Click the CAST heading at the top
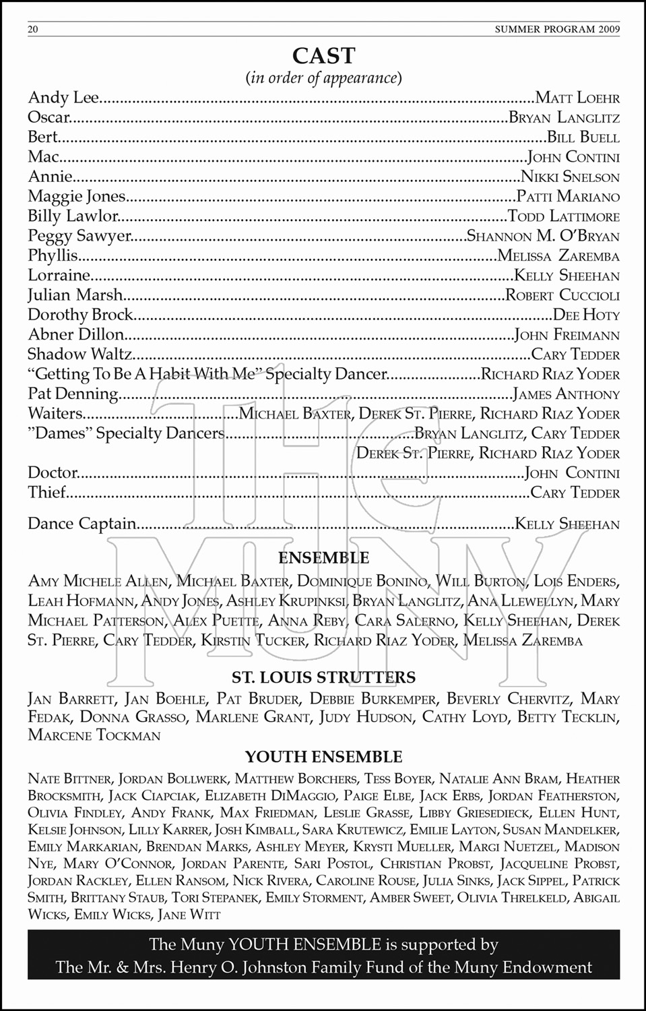point(323,55)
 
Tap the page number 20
point(33,30)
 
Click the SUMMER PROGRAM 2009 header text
point(557,30)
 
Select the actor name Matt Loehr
point(577,98)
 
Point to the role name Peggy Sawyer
point(78,237)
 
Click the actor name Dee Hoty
point(585,315)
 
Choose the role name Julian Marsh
point(75,295)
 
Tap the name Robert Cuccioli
point(562,295)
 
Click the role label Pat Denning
point(73,394)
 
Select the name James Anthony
point(565,394)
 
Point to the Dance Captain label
point(82,524)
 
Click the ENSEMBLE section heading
point(323,558)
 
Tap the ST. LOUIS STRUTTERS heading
point(323,677)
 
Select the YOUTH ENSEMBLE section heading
point(323,757)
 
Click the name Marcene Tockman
point(94,735)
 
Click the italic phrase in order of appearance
point(323,78)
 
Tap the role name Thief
point(46,493)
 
